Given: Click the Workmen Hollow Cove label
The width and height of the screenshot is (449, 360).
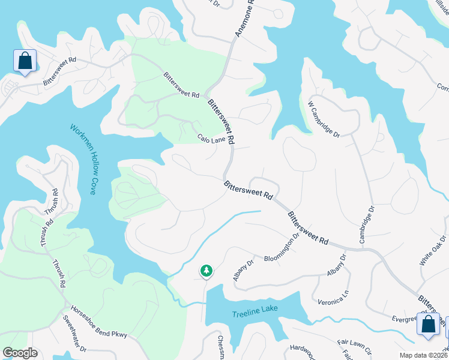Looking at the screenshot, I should (x=83, y=159).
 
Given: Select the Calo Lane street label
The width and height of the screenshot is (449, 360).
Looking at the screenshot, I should (x=211, y=139).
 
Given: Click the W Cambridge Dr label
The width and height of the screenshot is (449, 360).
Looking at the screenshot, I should (x=324, y=118).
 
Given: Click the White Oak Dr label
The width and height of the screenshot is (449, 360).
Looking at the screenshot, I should (x=433, y=251).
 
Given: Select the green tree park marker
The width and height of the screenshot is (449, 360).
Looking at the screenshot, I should (x=206, y=271).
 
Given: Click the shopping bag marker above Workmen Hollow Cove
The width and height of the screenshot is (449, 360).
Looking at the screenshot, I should (x=25, y=61).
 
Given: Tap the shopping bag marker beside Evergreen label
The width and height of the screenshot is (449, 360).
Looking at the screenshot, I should (x=428, y=324).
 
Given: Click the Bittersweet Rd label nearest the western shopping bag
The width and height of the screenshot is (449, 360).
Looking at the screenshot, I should (x=59, y=70).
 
